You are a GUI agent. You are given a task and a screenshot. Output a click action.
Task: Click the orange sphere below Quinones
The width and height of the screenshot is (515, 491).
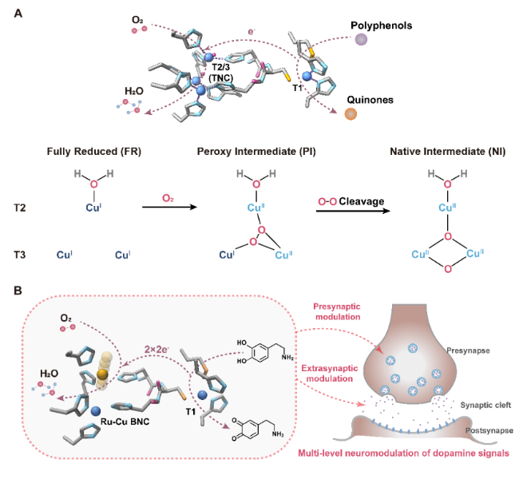click(350, 114)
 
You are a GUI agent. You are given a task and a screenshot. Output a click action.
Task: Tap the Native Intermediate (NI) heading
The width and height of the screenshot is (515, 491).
click(438, 151)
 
